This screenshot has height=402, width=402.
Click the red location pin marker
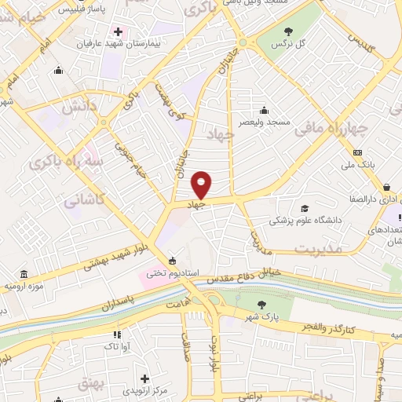click(202, 185)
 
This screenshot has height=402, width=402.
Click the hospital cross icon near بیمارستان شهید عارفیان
click(119, 32)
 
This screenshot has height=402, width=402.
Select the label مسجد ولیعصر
click(266, 122)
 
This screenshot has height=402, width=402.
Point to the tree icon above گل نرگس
click(287, 32)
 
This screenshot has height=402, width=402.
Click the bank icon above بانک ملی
click(358, 152)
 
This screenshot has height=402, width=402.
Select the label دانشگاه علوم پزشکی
click(306, 221)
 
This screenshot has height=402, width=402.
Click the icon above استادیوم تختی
click(173, 261)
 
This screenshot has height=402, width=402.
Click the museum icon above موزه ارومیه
click(24, 275)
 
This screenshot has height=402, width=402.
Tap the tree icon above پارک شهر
click(264, 303)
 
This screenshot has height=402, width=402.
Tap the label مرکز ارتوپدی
click(144, 390)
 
